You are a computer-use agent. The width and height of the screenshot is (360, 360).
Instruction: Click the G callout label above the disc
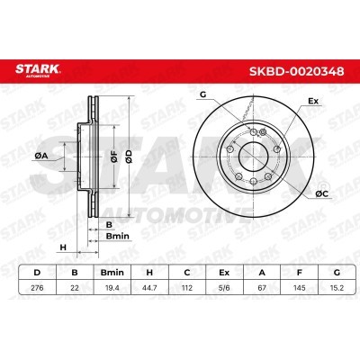coord(202,94)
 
